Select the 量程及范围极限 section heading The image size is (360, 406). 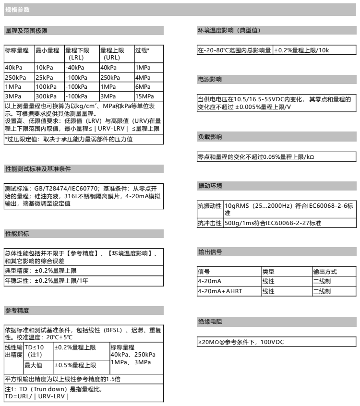click(x=26, y=31)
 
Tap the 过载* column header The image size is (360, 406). click(x=143, y=50)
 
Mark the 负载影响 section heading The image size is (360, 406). click(x=210, y=137)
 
